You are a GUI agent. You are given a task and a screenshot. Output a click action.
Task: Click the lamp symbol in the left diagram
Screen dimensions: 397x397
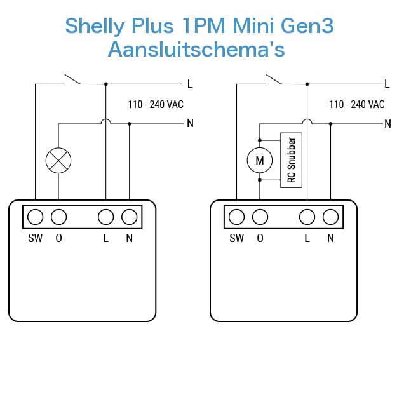tap(58, 161)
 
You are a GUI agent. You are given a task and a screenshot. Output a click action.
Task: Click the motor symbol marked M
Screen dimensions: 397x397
tap(260, 160)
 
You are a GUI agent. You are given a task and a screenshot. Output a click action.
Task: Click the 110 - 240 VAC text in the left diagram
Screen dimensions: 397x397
tap(156, 104)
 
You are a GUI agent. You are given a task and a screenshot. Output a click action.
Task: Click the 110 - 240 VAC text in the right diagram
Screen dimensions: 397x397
tap(357, 104)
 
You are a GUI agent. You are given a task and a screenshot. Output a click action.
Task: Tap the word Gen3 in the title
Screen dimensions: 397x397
tap(307, 25)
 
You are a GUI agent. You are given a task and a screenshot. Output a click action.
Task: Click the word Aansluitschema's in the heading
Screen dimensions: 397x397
tap(196, 49)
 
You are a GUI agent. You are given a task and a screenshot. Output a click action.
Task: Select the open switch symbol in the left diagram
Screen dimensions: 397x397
tap(72, 79)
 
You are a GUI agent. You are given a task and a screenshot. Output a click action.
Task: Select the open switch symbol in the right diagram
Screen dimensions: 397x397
tap(274, 79)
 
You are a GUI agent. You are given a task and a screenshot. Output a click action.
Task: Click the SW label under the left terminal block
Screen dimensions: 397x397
tap(36, 238)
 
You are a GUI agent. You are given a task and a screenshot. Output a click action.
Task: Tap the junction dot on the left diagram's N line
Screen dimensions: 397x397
tap(130, 124)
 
